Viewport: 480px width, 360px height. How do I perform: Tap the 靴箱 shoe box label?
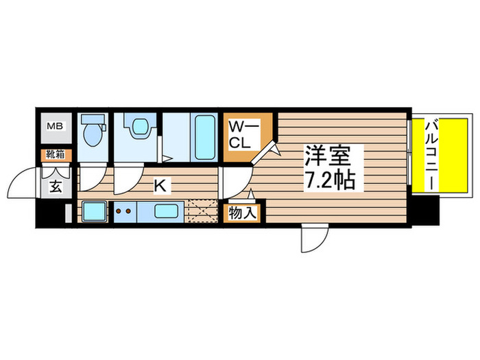(x=55, y=154)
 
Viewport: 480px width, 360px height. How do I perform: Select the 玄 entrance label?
(x=55, y=186)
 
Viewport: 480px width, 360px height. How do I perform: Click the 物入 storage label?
(x=242, y=213)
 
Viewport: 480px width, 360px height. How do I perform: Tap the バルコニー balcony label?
(x=433, y=154)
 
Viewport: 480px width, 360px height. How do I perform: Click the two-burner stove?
(x=124, y=212)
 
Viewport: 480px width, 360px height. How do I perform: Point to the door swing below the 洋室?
(x=311, y=240)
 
